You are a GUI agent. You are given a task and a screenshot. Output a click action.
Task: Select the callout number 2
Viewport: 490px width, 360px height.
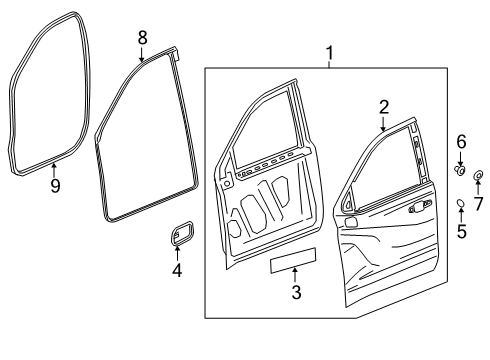(382, 107)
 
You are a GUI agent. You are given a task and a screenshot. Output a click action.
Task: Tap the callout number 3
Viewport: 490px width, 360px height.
(296, 293)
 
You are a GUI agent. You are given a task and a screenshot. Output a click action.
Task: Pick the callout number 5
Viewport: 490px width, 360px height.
(461, 233)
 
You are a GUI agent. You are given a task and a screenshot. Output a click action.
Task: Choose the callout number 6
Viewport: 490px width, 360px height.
(461, 142)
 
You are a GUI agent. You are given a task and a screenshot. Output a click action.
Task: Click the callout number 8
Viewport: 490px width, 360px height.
(142, 37)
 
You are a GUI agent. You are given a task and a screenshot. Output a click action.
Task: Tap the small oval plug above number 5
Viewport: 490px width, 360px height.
(461, 204)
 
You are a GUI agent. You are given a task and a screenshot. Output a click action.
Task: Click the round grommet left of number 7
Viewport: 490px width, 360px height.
(477, 178)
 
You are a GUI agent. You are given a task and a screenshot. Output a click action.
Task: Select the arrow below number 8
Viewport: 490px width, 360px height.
(142, 54)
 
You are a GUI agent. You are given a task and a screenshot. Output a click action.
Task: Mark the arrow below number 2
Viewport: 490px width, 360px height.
(382, 125)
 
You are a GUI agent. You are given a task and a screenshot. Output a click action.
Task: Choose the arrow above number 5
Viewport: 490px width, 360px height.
(461, 217)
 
